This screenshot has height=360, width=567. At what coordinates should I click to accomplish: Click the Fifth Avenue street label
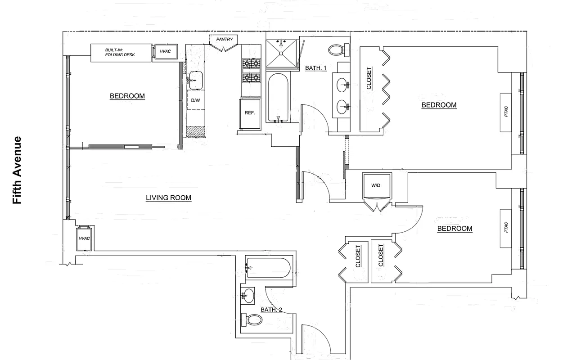coord(17,170)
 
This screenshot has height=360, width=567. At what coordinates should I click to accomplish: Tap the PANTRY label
coord(224,40)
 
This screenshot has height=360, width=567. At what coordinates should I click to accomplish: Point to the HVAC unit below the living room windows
coord(85,238)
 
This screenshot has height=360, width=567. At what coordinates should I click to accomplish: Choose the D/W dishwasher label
coord(195,100)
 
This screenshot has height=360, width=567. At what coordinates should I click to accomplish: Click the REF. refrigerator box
coord(250,113)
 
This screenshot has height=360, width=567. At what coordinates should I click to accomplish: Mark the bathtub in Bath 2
coord(268,268)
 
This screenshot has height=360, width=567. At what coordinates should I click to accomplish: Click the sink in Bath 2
coord(247,296)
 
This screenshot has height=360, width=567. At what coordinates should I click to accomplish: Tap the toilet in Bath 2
coord(252,320)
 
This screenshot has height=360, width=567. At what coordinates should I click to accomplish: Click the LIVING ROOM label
coord(168,198)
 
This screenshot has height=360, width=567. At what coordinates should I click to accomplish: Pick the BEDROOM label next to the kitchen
coord(127,96)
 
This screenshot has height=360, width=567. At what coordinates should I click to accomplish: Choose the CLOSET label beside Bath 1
coord(369,78)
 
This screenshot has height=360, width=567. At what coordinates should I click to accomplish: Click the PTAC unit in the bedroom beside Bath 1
coord(506,112)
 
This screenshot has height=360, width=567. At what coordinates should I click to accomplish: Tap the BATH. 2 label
coord(271,310)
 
